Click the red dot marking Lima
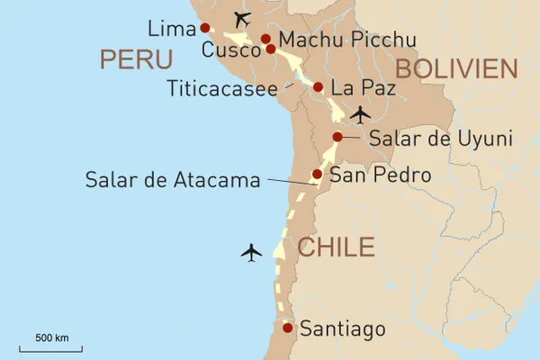[x=205, y=28]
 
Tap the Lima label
[x=172, y=29]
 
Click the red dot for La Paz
[x=318, y=87]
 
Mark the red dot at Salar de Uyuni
[x=337, y=137]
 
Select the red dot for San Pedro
[x=317, y=175]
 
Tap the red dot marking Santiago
[x=287, y=328]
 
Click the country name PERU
[x=136, y=59]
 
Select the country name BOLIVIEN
[x=457, y=68]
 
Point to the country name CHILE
[x=335, y=247]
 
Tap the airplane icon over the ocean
[x=252, y=252]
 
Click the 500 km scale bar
[x=52, y=345]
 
